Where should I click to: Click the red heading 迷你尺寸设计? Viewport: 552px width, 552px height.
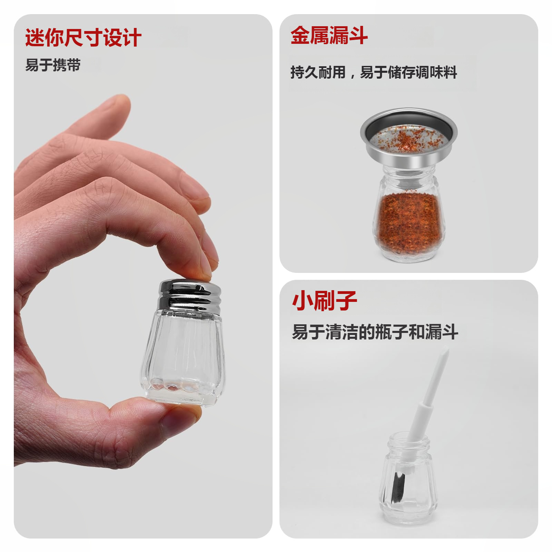(83, 37)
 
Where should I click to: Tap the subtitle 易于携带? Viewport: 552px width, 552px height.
(53, 65)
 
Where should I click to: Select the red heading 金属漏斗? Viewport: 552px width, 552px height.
(329, 35)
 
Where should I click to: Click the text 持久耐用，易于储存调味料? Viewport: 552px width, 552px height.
(373, 72)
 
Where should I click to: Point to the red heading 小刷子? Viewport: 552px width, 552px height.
(324, 301)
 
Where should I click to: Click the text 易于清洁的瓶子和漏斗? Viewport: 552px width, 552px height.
(375, 332)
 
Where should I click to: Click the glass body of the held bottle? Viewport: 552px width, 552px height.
(183, 355)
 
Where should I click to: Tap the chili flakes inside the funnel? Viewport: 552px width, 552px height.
(407, 140)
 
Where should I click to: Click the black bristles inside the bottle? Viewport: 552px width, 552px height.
(399, 486)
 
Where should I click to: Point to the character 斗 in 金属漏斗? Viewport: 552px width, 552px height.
(358, 35)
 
